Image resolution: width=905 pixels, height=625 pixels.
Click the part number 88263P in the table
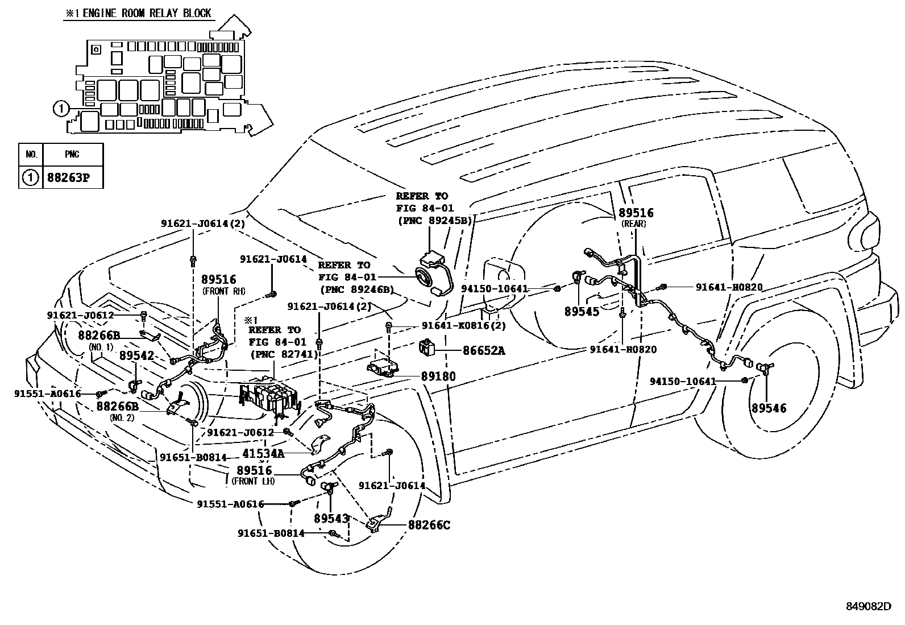[68, 177]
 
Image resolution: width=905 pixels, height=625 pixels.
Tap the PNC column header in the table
[72, 154]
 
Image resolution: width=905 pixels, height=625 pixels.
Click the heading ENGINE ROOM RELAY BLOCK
[147, 13]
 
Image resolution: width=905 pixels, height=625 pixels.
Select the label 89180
[438, 376]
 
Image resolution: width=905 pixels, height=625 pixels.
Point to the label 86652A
[484, 350]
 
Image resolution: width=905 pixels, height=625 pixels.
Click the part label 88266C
[429, 525]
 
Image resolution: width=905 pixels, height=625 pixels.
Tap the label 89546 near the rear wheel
[769, 408]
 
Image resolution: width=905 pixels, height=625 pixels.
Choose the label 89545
[582, 311]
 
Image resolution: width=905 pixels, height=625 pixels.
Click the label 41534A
[263, 454]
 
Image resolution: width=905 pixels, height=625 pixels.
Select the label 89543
[331, 518]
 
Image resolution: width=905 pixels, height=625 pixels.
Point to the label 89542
[136, 355]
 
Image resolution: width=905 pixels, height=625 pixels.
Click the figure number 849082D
[869, 606]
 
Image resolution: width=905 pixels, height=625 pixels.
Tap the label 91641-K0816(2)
[464, 325]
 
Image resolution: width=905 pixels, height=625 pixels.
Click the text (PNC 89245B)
[435, 221]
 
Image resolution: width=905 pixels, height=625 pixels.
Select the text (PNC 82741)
[284, 354]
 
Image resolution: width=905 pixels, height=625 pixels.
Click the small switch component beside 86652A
[427, 347]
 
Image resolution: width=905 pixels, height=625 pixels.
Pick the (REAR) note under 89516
[633, 223]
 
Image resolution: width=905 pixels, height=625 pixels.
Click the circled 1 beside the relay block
[61, 109]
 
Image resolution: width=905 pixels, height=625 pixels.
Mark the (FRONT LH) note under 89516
[254, 481]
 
